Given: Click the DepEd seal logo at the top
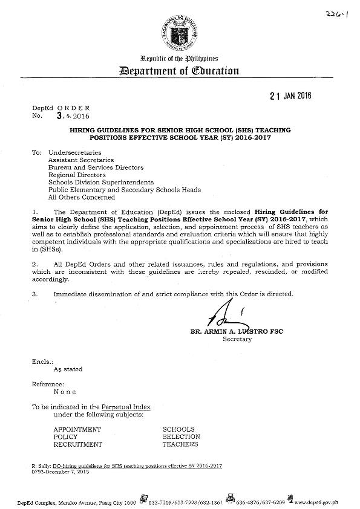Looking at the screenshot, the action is [180, 31].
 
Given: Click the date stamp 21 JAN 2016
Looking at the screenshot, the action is [284, 96].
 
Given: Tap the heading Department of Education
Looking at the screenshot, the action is [180, 71].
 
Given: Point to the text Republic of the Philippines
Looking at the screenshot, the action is [180, 57].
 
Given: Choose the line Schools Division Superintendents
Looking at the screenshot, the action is [101, 182].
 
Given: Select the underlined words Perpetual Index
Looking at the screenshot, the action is [126, 407].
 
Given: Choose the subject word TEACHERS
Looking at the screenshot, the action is [180, 444].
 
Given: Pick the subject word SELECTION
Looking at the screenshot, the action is [182, 436].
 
